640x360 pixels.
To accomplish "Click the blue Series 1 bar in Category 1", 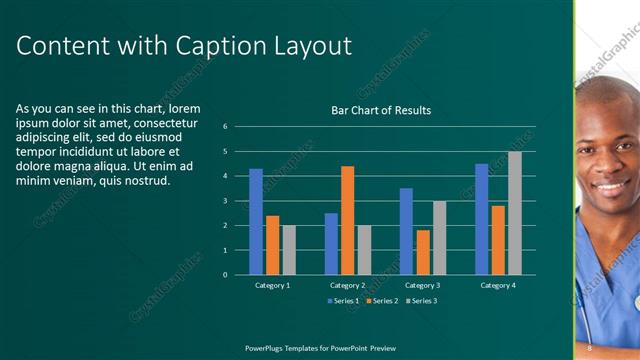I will (x=256, y=221).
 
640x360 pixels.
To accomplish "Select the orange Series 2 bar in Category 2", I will (x=347, y=220).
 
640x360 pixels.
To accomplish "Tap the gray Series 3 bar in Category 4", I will (x=514, y=213).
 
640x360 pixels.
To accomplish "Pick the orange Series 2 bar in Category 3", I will (x=423, y=252).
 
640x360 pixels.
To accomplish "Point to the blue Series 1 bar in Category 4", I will (x=481, y=219).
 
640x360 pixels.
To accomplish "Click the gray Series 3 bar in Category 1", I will (x=289, y=250).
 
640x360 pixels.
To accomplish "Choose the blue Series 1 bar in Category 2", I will (x=331, y=243).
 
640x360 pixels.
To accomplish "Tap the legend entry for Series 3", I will (x=420, y=300).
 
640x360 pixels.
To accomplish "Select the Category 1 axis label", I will (x=272, y=285).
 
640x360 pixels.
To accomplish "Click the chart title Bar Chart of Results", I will (x=381, y=110).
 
